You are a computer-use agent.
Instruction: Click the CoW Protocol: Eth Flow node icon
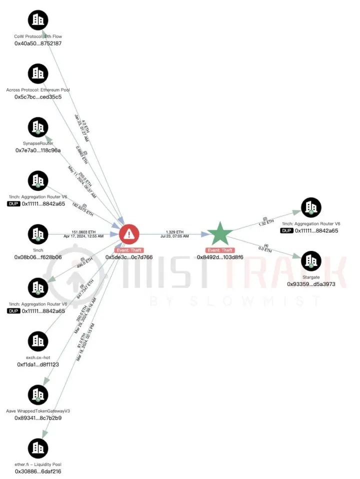click(x=37, y=20)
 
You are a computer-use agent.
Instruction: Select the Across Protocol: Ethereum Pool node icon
click(x=37, y=73)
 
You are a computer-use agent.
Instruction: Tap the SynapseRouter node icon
click(x=37, y=127)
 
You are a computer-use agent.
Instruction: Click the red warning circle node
click(x=129, y=233)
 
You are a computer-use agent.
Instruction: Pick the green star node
click(x=220, y=233)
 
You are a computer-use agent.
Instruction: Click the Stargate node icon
click(x=311, y=260)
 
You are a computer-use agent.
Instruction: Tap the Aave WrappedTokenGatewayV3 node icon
click(x=37, y=394)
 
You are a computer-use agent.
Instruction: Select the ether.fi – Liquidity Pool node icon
click(x=37, y=448)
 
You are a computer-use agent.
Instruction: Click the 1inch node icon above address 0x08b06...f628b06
click(x=37, y=234)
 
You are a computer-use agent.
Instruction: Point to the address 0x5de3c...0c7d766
click(x=129, y=257)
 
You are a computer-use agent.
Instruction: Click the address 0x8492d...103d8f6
click(x=220, y=257)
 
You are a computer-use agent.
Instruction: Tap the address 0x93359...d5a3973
click(x=311, y=283)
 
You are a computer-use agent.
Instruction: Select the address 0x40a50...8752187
click(x=38, y=43)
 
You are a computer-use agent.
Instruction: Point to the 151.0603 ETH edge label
click(x=83, y=232)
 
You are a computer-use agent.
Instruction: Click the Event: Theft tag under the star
click(x=220, y=249)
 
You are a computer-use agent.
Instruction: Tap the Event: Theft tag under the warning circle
click(x=129, y=249)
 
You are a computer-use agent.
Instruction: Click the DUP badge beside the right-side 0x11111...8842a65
click(x=286, y=230)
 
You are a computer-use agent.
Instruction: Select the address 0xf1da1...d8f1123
click(x=38, y=364)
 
